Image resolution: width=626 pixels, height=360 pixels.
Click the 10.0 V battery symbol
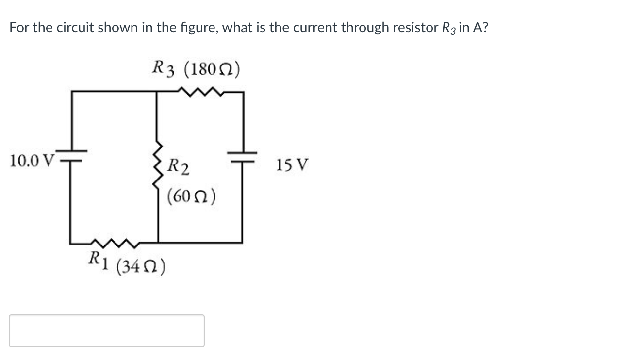pos(72,154)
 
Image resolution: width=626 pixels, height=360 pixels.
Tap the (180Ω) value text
pos(212,69)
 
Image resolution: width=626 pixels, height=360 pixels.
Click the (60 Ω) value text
pos(191,196)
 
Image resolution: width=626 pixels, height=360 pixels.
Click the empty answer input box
pos(107,331)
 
